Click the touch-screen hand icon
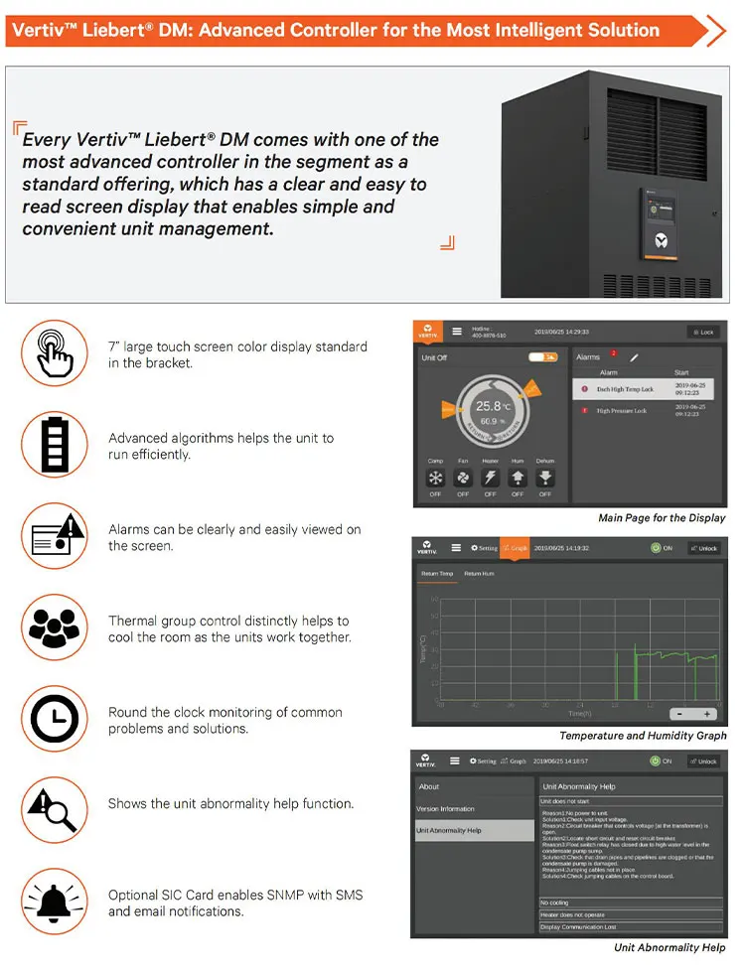tap(55, 353)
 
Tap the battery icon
tap(55, 445)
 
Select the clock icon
tap(55, 719)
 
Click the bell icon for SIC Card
tap(55, 902)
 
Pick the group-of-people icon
tap(55, 627)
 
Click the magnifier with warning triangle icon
tap(55, 810)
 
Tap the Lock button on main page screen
tap(703, 332)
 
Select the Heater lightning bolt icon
tap(490, 478)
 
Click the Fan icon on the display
tap(463, 478)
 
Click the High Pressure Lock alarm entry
tap(621, 410)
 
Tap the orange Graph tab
tap(515, 547)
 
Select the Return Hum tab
tap(480, 574)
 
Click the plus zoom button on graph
tap(707, 714)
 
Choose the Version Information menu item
tap(446, 809)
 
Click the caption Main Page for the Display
tap(662, 517)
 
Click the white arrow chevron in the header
tap(714, 31)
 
